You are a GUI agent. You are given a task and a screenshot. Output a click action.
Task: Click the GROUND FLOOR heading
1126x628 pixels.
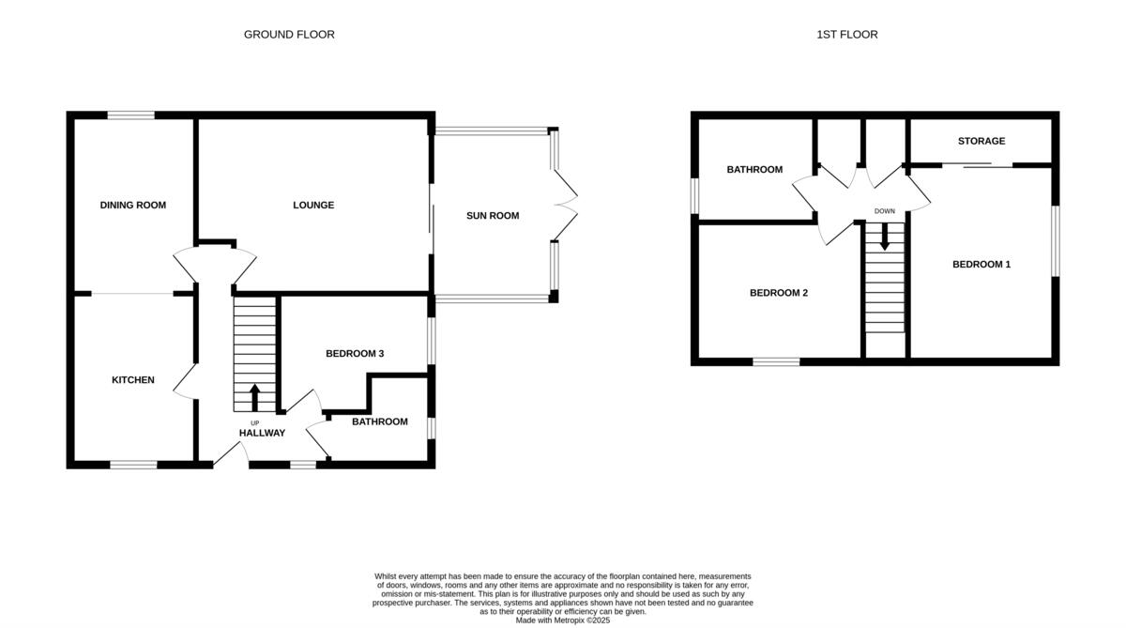[x=289, y=35]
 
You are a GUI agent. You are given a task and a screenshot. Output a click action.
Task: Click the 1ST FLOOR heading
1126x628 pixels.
[x=846, y=35]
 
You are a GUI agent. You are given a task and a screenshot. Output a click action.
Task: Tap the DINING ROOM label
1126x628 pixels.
[x=133, y=205]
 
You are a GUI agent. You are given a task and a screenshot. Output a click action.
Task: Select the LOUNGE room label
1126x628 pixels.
[x=313, y=205]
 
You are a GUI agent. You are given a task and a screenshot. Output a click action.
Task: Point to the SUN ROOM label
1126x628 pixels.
[x=493, y=216]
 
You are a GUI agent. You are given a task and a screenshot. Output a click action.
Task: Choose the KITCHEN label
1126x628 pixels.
[x=133, y=380]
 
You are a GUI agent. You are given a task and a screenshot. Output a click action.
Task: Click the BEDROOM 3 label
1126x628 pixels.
[x=355, y=354]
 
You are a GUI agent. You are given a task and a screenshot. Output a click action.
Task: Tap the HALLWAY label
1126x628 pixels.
[x=262, y=433]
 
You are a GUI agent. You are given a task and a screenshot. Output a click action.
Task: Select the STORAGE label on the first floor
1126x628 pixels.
[x=981, y=141]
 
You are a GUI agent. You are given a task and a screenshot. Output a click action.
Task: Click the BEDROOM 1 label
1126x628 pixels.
[x=981, y=265]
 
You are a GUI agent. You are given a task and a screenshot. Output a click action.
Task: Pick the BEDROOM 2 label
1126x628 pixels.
[x=779, y=293]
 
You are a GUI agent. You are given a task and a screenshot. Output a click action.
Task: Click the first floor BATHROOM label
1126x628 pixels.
[x=754, y=170]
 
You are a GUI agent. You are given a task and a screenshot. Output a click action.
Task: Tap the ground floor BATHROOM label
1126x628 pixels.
[x=380, y=421]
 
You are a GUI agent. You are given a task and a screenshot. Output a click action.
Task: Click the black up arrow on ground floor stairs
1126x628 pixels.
[x=254, y=396]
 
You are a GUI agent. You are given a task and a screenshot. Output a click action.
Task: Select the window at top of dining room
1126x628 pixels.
[x=130, y=115]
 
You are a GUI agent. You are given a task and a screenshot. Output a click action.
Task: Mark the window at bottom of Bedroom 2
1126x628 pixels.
[x=776, y=361]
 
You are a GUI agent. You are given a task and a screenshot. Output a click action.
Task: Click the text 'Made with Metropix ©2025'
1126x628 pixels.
[x=563, y=620]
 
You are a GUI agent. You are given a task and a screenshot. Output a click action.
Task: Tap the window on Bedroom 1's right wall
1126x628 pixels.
[x=1055, y=241]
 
